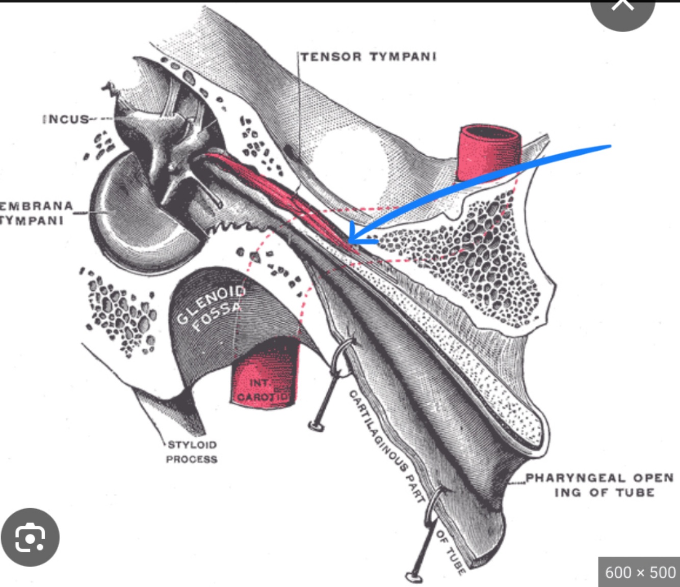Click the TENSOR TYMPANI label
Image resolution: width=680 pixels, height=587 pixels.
click(369, 57)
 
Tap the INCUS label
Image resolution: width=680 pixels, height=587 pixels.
click(66, 119)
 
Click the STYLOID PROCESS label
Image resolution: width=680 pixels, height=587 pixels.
click(192, 452)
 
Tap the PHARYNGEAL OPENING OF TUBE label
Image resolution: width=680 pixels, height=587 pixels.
click(600, 485)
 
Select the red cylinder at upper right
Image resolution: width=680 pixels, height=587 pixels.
click(488, 153)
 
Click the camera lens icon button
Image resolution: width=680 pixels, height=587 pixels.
click(30, 537)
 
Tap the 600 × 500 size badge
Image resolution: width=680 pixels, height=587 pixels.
click(640, 572)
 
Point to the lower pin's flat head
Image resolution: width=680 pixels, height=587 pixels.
click(414, 577)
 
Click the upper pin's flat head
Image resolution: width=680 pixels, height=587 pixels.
click(316, 425)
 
